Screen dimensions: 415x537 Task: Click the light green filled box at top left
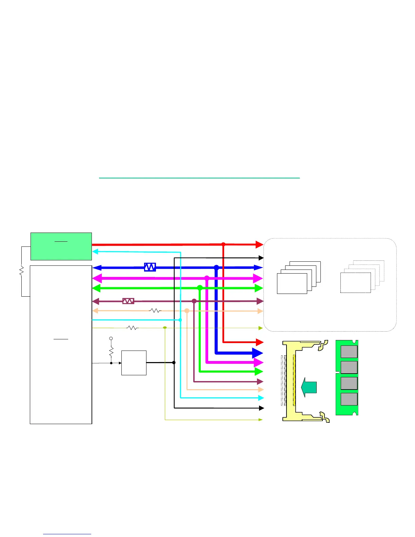coord(61,246)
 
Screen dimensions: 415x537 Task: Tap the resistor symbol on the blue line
coord(150,267)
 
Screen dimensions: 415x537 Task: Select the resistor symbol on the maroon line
coord(128,301)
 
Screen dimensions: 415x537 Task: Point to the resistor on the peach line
coord(155,311)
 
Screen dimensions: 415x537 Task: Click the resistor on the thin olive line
coord(132,328)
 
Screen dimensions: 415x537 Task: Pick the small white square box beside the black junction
coord(134,363)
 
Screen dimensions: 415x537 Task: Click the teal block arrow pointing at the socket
coord(309,387)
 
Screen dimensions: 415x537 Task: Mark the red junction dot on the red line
coord(223,244)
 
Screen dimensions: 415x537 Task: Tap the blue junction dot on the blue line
coord(216,267)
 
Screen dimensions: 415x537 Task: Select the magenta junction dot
coord(207,278)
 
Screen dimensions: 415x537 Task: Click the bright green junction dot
coord(200,288)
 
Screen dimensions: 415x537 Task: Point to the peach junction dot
coord(187,311)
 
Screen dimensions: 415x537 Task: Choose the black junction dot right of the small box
coord(174,363)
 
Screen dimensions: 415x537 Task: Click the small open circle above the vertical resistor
coord(111,338)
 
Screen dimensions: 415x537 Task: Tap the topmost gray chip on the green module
coord(349,352)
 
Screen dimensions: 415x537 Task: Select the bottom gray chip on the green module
coord(349,399)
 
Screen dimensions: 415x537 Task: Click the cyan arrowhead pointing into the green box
coord(95,252)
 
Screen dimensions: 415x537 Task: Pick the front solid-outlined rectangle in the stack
coord(292,283)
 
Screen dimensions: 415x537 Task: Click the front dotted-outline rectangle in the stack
coord(355,283)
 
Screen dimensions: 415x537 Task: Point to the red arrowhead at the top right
coord(259,244)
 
